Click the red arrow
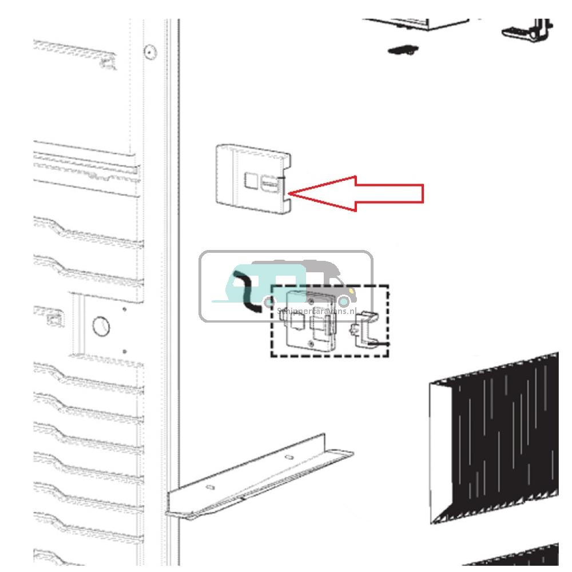[x=366, y=193]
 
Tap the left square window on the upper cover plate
[x=249, y=182]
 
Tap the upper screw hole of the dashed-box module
[x=309, y=300]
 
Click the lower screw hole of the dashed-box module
[x=309, y=344]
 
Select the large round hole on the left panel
[x=101, y=327]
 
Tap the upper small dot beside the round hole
[x=124, y=309]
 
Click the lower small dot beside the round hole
[x=124, y=350]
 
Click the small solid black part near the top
[x=402, y=50]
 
